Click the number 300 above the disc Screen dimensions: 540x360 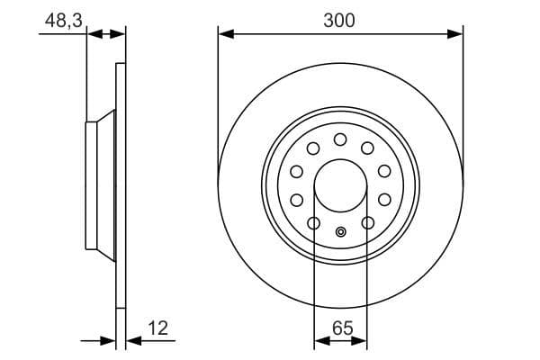click(339, 21)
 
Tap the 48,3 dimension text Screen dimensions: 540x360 click(64, 21)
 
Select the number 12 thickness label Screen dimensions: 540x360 click(157, 328)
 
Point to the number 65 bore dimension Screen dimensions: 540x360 click(342, 328)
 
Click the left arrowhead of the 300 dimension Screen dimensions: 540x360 click(226, 34)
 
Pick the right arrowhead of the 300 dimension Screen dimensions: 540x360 click(455, 34)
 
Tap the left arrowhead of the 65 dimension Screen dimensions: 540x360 click(322, 341)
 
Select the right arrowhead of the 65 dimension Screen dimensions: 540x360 click(359, 341)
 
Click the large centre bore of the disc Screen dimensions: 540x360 click(340, 185)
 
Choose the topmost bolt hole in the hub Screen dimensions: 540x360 click(340, 139)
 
